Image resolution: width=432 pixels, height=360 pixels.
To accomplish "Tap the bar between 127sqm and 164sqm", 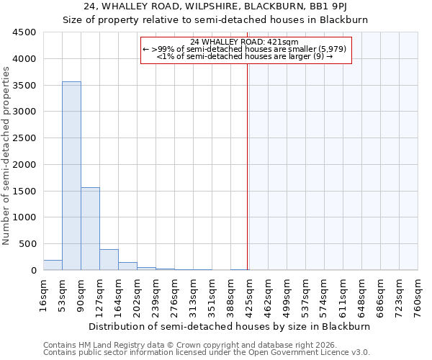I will [x=109, y=259].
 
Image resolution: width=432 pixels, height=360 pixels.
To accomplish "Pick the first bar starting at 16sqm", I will [x=53, y=265].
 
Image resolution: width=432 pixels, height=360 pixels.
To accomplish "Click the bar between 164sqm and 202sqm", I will [x=127, y=266].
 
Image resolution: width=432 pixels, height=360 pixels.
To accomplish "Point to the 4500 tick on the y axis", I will [x=24, y=32].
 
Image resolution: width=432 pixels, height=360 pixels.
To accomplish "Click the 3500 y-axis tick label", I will [x=24, y=85].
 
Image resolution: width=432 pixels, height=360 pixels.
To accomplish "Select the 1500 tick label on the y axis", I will [x=24, y=191].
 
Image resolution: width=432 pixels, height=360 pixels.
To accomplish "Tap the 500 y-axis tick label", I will [x=27, y=244].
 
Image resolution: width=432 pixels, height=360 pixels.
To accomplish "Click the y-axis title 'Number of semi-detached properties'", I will [x=7, y=156].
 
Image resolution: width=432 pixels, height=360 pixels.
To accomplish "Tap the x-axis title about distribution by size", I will [x=230, y=326].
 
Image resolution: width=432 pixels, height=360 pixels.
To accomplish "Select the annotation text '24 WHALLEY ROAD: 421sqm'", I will [x=246, y=42].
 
